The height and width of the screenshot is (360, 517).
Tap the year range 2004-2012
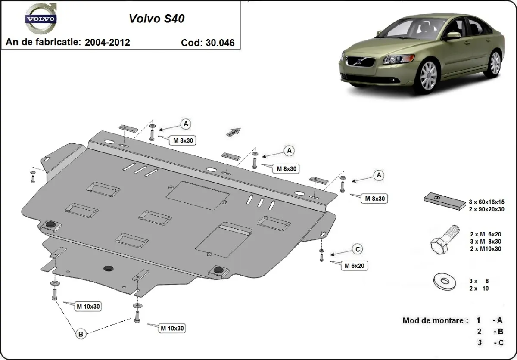click(107, 42)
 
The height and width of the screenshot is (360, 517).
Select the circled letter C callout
click(357, 249)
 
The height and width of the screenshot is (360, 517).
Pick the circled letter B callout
click(80, 333)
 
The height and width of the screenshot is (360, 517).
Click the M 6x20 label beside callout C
click(354, 266)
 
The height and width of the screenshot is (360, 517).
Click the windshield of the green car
click(407, 27)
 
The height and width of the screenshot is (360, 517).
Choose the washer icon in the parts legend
click(444, 282)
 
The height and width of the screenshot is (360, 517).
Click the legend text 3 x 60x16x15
click(486, 202)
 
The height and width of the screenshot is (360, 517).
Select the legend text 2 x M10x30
click(486, 248)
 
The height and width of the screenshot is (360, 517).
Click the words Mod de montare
click(435, 320)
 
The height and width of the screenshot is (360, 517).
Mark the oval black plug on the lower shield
click(108, 268)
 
